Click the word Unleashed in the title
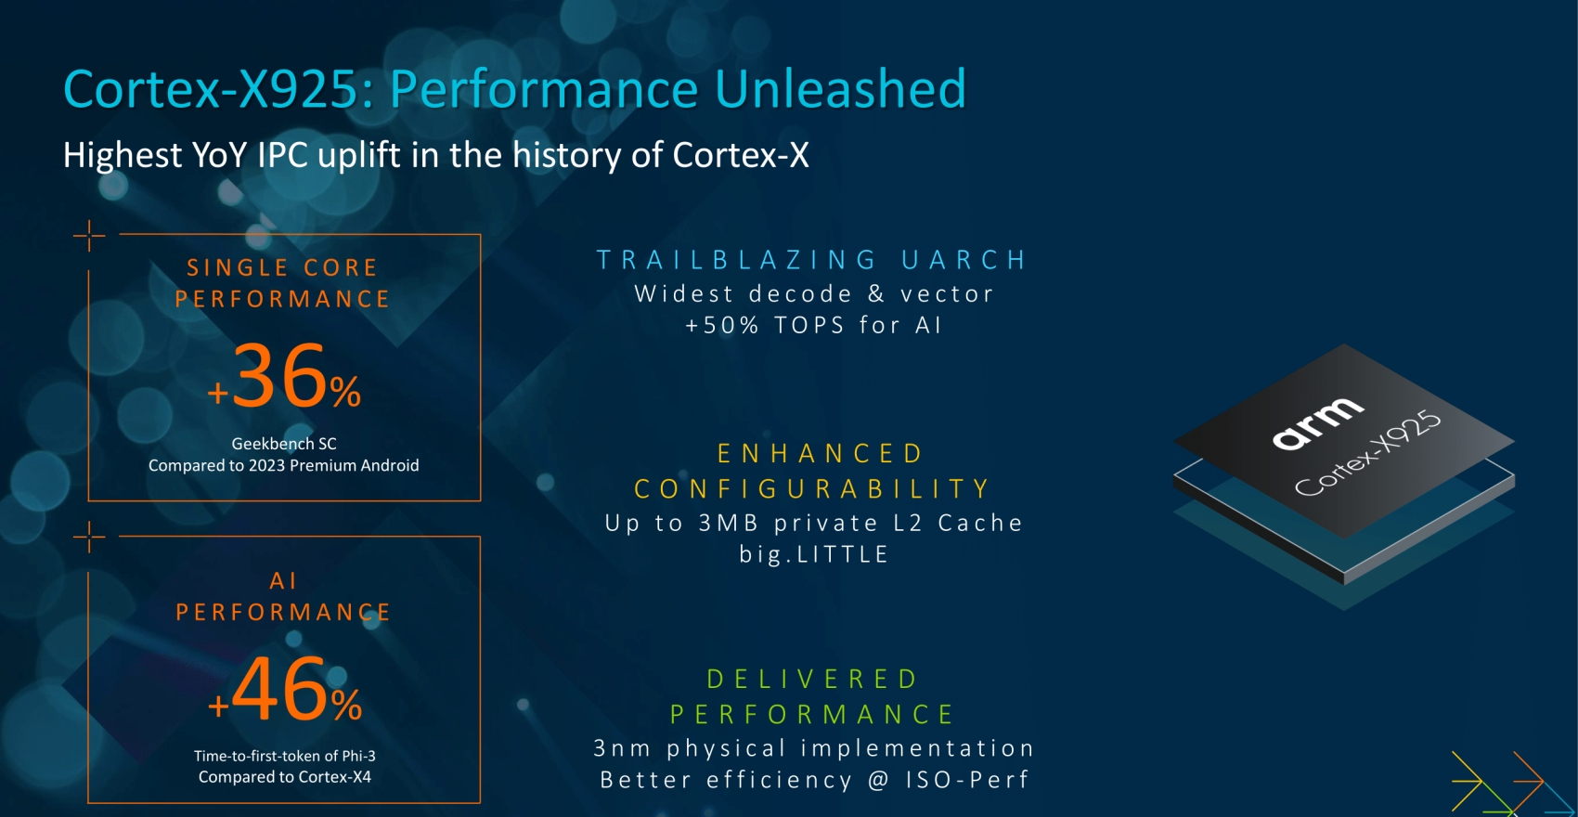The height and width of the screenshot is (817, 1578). click(x=840, y=89)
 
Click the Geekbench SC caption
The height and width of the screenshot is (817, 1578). click(x=284, y=444)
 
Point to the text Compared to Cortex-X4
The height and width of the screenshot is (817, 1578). click(x=285, y=777)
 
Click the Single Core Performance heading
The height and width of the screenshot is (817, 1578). click(x=282, y=283)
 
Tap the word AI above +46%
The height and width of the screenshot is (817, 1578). click(x=283, y=581)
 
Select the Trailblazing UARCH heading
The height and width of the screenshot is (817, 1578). click(x=811, y=259)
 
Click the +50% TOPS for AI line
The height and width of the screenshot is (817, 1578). click(x=814, y=325)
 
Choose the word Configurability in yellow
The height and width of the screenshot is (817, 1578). click(x=812, y=488)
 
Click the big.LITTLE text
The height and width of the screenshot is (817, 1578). click(x=814, y=554)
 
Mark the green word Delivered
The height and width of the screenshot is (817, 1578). click(x=812, y=679)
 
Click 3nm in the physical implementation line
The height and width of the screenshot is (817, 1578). click(x=623, y=748)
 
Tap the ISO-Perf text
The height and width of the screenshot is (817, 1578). click(x=967, y=780)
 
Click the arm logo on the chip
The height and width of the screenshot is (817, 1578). click(x=1318, y=423)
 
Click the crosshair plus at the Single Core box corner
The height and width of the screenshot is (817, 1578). click(x=89, y=235)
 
